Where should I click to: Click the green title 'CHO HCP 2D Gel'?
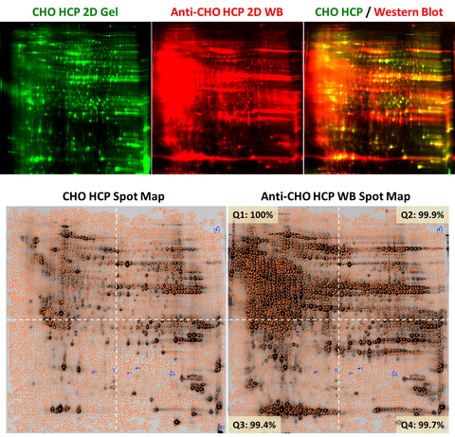point(76,10)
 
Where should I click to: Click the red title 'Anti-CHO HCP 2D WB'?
point(227,10)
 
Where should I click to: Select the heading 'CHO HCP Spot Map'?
point(115,197)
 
